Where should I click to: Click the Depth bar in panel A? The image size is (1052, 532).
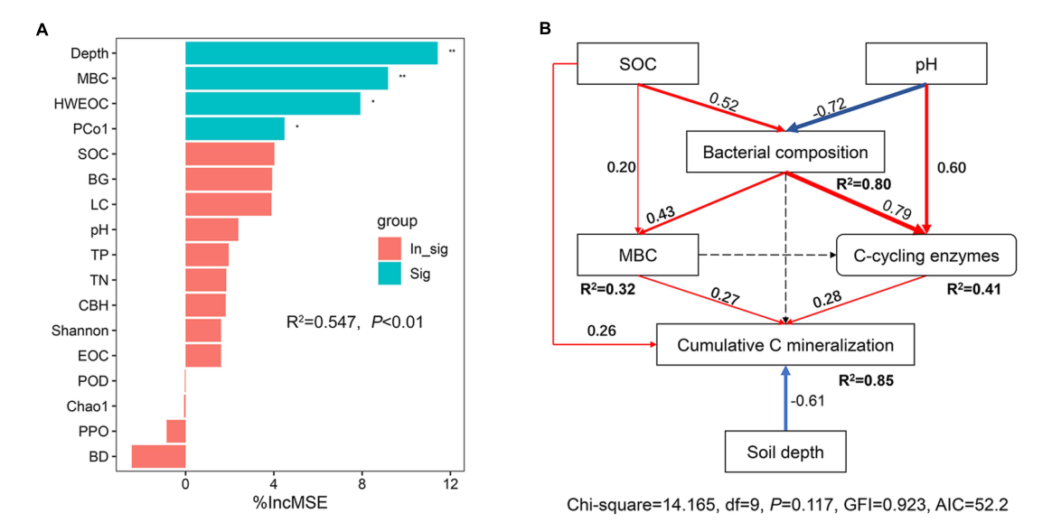pos(311,53)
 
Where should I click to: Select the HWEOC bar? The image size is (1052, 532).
pos(272,104)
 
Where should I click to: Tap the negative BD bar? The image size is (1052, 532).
pos(158,456)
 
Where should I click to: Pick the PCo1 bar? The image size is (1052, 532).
pos(235,129)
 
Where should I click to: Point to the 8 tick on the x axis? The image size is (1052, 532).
pos(362,484)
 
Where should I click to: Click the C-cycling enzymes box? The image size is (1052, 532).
pos(926,256)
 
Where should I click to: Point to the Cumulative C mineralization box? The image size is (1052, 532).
pos(785,345)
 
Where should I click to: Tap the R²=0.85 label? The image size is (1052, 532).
pos(864,380)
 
